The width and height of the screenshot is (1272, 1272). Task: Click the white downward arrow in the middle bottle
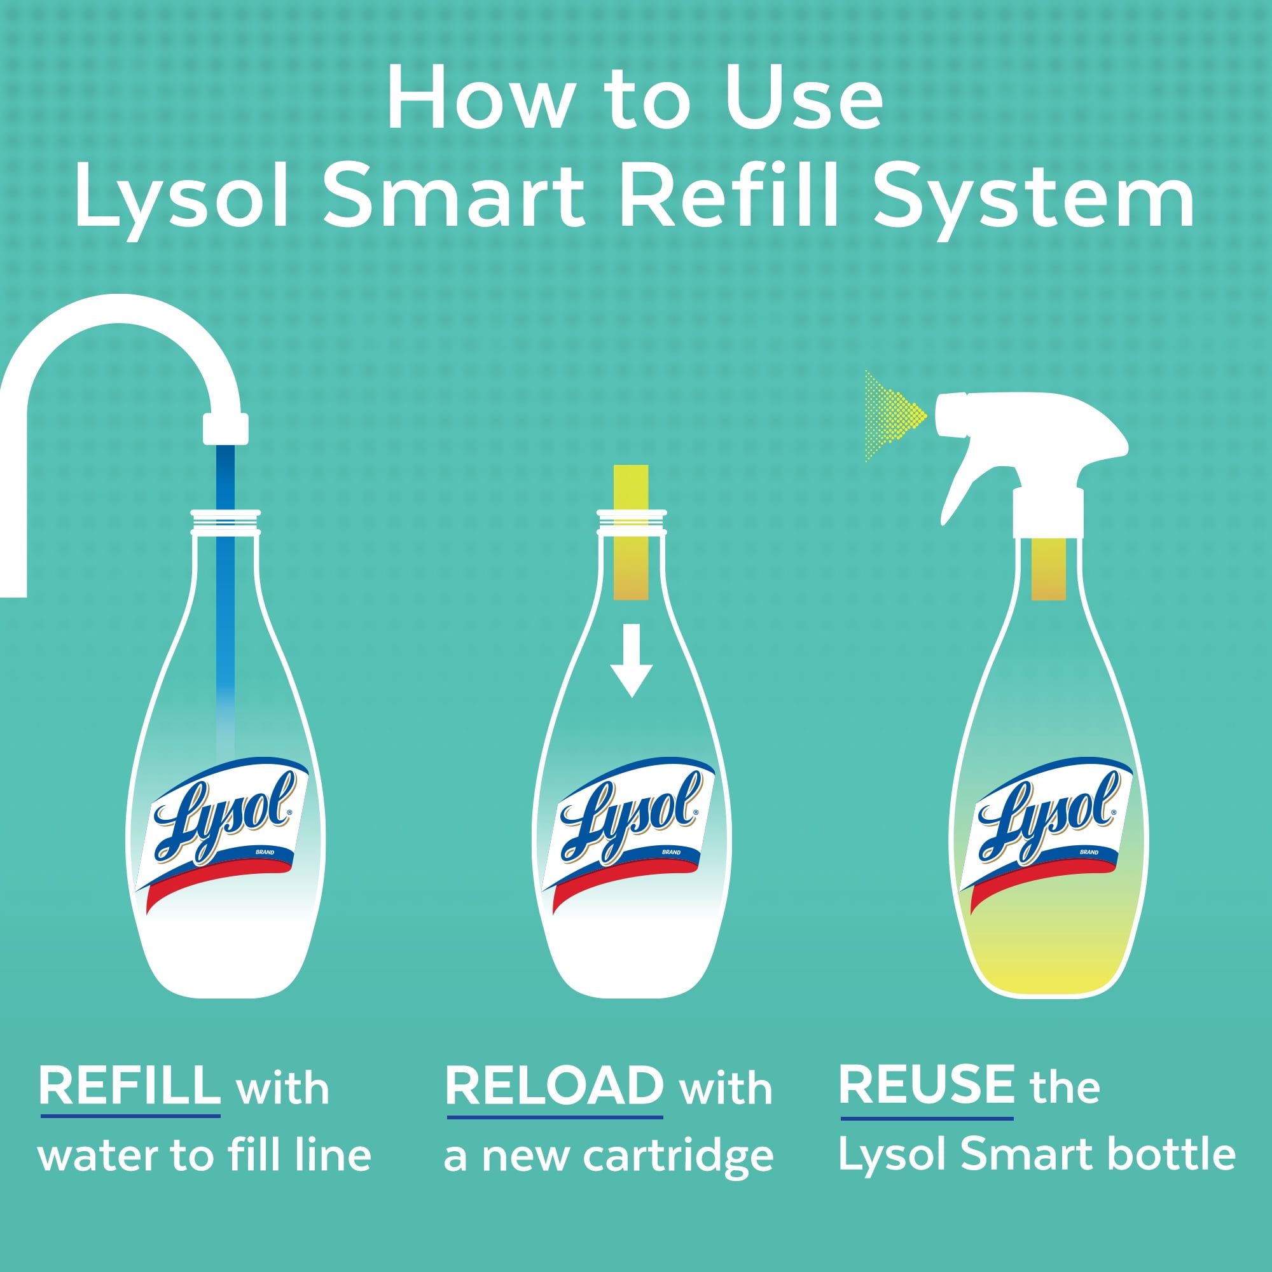tap(632, 660)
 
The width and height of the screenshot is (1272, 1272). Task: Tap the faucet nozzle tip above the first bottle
tap(225, 429)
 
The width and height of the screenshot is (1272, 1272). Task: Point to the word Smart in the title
tap(454, 195)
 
